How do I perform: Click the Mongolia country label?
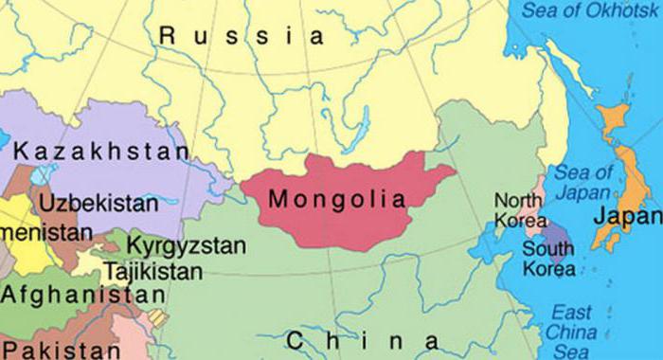tap(337, 200)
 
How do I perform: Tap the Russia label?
tap(242, 37)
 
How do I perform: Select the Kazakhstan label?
tap(101, 151)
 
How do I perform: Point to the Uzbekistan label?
tap(99, 203)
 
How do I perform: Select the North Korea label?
tap(519, 211)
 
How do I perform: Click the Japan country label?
tap(625, 216)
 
